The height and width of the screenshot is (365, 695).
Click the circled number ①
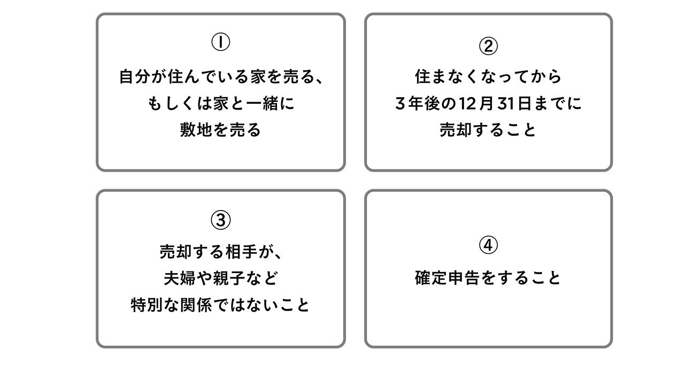coord(221,43)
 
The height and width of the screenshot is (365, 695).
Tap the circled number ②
coord(488,47)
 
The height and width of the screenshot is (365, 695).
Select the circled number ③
coord(221,219)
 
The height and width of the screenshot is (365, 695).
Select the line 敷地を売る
coord(220,131)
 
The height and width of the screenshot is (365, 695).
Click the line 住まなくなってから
coord(488,77)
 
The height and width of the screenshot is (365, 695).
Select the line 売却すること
coord(488,131)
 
